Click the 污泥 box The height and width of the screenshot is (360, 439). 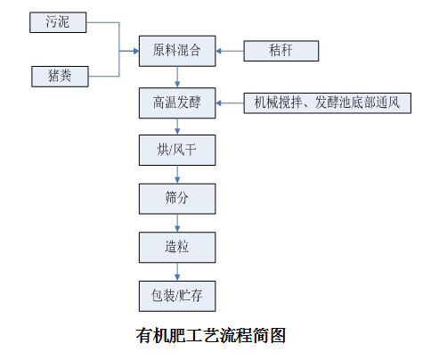58,22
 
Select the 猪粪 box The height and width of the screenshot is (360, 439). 60,77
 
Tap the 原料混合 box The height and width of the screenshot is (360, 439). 177,51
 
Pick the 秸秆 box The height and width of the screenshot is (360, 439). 281,51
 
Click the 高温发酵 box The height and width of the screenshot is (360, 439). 177,103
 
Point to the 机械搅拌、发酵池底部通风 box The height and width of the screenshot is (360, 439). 328,103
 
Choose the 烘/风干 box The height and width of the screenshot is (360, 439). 177,150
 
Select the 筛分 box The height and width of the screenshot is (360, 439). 177,199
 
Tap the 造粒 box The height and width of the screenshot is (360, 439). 177,248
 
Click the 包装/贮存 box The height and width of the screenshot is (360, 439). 177,296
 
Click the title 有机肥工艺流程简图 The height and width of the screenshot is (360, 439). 211,336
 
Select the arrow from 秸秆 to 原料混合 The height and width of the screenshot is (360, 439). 230,51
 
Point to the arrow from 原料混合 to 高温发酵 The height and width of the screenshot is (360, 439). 177,77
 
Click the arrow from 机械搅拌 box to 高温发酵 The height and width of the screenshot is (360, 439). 230,103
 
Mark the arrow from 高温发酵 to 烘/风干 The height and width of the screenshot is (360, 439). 177,127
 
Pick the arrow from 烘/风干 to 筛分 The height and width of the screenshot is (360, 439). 177,175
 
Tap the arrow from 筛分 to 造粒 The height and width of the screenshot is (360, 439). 177,223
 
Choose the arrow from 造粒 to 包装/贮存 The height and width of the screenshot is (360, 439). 177,272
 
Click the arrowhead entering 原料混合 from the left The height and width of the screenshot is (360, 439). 136,51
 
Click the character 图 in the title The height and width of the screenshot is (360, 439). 277,336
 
